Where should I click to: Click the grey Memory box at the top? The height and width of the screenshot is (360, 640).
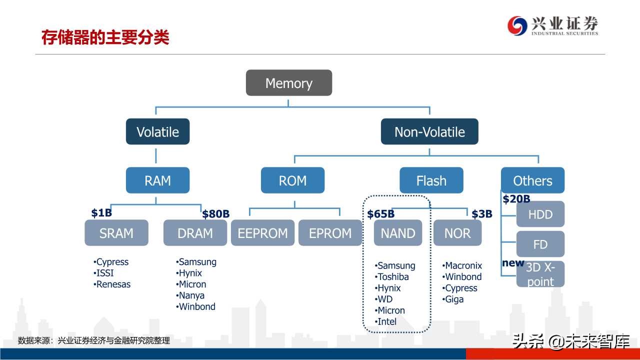(x=288, y=83)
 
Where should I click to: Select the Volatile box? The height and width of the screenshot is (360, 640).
(x=157, y=131)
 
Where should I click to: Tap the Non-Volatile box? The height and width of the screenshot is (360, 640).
(x=429, y=131)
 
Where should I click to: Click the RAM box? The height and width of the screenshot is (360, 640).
(x=157, y=180)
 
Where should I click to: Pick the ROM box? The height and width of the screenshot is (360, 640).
(x=292, y=180)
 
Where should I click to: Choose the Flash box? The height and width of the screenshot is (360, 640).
(x=431, y=180)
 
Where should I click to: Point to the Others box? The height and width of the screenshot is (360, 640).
(x=532, y=180)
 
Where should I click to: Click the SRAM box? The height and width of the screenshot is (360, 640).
(x=116, y=233)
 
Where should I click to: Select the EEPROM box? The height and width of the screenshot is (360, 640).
(x=262, y=233)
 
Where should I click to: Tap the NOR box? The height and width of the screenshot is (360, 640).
(x=457, y=233)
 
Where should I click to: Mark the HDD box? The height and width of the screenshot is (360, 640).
(x=540, y=214)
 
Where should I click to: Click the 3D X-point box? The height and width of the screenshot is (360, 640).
(x=540, y=274)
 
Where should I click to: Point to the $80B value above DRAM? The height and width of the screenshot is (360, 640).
(x=215, y=214)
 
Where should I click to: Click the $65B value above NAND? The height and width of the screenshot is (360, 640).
(x=380, y=214)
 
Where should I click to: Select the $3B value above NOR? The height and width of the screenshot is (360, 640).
(x=482, y=214)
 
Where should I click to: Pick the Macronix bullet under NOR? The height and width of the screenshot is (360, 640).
(x=462, y=265)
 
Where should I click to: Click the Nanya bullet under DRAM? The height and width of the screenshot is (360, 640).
(x=190, y=295)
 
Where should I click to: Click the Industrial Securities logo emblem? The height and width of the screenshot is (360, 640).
(x=517, y=25)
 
